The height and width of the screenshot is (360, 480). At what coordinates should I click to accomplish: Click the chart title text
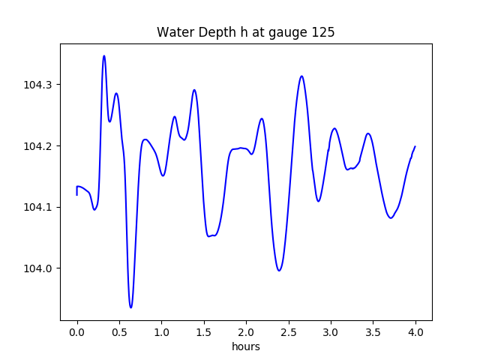point(245,32)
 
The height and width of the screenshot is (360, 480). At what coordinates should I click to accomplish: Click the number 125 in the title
point(324,32)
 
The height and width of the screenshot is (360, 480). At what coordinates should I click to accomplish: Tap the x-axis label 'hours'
point(245,347)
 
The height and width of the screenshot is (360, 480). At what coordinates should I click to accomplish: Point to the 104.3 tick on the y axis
point(38,85)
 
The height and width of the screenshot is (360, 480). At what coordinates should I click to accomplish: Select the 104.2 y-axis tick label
point(38,146)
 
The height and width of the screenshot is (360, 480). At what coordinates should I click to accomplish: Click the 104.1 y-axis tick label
point(38,207)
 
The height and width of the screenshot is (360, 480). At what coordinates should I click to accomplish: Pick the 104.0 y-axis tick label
point(38,268)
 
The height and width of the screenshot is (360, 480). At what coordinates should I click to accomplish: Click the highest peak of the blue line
point(104,55)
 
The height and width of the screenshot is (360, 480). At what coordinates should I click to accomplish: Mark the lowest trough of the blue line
point(130,307)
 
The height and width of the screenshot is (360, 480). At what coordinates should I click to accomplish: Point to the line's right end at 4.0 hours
point(415,147)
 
